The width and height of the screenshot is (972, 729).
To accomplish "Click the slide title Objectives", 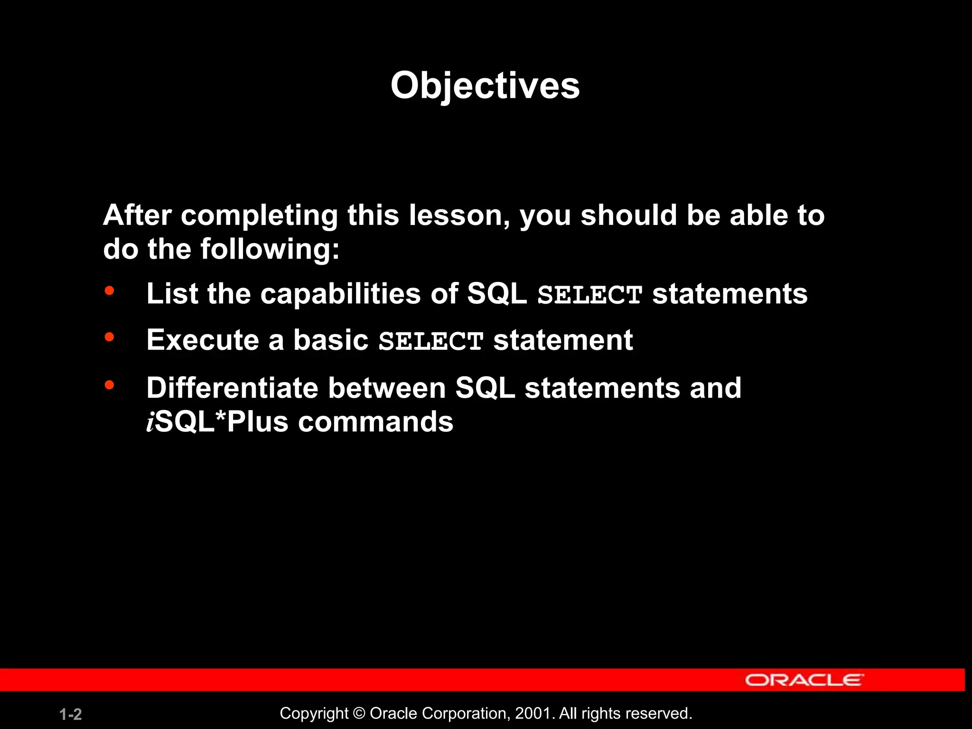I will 485,86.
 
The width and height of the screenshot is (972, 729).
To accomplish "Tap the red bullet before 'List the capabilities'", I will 109,290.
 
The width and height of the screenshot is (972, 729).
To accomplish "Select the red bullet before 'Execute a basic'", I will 109,337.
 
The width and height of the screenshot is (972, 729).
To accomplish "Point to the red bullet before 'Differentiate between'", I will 109,384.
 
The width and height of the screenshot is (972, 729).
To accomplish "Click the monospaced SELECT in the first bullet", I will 589,295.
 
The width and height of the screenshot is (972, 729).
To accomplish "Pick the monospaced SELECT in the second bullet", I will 430,341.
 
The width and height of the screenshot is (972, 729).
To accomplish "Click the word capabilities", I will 340,294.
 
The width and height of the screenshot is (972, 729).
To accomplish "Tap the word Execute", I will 203,340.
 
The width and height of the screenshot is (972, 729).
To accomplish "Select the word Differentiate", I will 232,388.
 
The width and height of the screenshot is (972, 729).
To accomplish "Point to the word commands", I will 375,422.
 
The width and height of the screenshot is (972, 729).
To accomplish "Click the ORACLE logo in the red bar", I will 804,680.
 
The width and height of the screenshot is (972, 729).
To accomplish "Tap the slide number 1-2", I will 71,714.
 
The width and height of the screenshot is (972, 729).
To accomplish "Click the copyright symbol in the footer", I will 359,713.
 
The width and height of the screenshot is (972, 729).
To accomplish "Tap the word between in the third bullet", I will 387,388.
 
